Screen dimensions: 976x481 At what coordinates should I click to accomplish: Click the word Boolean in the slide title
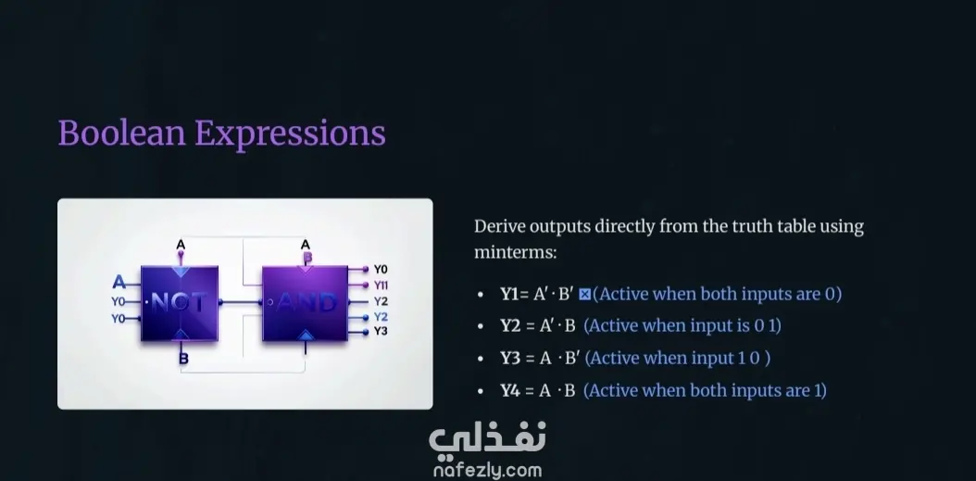[122, 133]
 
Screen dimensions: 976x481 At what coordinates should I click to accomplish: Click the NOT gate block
[180, 303]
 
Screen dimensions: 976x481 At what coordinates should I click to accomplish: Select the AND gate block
[305, 303]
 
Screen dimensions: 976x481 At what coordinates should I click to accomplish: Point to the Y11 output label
[381, 285]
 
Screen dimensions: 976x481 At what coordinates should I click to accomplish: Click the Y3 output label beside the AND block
[381, 331]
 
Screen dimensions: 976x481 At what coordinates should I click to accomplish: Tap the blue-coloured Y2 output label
[381, 317]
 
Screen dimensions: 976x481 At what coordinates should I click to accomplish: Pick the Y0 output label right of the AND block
[381, 269]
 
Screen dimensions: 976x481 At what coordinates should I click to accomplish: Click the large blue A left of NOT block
[119, 283]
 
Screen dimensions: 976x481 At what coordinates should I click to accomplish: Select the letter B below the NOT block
[183, 359]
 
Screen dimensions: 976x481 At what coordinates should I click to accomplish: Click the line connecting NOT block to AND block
[240, 302]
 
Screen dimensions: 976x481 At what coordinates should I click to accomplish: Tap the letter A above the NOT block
[181, 245]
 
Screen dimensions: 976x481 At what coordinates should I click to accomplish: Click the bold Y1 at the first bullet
[510, 294]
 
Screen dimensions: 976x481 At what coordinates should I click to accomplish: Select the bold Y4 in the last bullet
[511, 391]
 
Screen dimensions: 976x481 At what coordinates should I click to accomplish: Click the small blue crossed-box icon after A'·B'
[584, 294]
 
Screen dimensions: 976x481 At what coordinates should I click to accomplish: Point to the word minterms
[515, 252]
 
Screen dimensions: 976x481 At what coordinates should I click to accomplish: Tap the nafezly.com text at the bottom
[487, 471]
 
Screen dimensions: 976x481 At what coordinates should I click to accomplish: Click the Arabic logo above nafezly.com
[487, 438]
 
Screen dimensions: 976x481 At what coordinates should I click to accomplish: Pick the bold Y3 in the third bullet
[510, 359]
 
